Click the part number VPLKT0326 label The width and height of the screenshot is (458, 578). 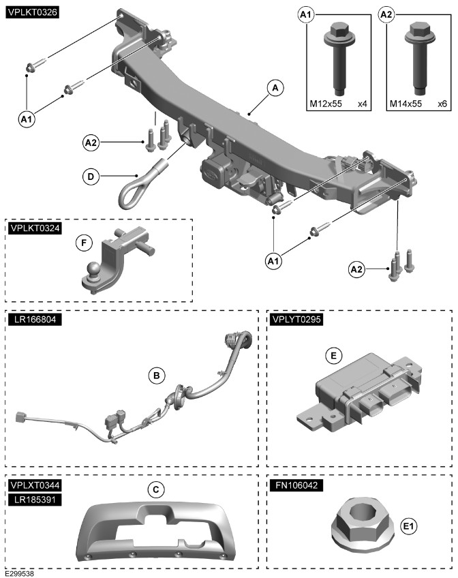click(32, 12)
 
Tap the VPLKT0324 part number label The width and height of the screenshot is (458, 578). click(32, 228)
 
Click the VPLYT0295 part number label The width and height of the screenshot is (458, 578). click(296, 318)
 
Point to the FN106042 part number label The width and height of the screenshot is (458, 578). click(294, 485)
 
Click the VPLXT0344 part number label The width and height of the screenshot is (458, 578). click(32, 485)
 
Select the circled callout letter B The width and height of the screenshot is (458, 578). click(157, 375)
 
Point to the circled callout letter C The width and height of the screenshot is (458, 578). click(157, 489)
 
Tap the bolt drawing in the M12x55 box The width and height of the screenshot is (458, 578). click(338, 58)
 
